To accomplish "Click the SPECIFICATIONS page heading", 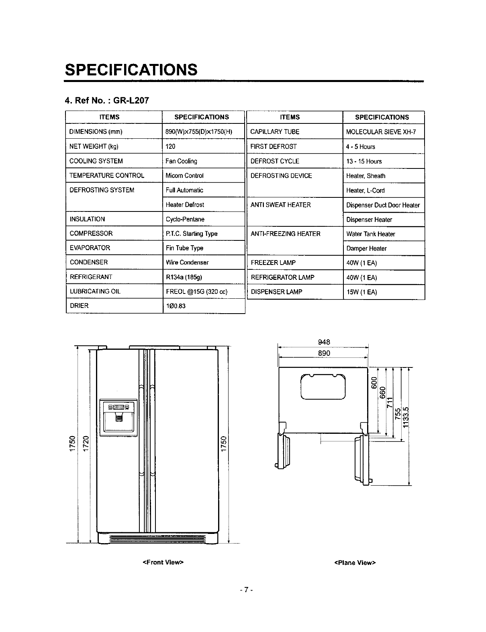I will click(131, 70).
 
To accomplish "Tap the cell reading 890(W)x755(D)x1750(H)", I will click(199, 132).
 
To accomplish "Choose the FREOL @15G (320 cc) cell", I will click(197, 291).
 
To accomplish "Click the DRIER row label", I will click(79, 306).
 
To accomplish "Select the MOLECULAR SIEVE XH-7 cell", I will click(381, 132).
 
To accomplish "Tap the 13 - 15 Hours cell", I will click(364, 161).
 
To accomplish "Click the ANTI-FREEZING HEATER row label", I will click(286, 234).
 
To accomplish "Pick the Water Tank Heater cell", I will click(371, 234).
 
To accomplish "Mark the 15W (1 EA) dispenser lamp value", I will click(361, 292).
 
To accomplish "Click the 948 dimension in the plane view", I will click(324, 342).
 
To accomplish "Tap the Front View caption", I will click(163, 562).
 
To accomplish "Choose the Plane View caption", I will click(355, 562).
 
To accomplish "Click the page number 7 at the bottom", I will click(245, 590).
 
